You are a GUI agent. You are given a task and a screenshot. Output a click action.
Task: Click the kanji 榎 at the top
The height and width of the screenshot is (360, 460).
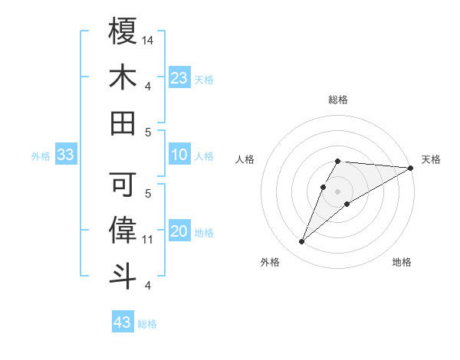click(123, 31)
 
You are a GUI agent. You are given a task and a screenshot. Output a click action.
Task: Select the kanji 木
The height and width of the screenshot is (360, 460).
click(123, 77)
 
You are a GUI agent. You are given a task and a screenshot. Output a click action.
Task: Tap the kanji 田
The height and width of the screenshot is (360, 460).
click(123, 123)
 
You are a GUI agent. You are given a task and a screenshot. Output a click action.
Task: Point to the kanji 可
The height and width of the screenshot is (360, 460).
click(123, 184)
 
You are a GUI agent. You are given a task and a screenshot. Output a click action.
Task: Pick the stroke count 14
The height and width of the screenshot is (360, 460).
click(148, 40)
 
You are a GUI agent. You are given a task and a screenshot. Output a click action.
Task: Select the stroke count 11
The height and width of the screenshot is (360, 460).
click(148, 240)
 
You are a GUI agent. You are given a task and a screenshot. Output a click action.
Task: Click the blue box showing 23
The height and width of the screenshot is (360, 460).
click(179, 78)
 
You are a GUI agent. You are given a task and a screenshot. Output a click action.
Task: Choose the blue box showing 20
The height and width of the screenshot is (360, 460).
click(179, 232)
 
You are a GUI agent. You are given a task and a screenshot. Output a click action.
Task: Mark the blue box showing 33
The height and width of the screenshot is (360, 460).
click(66, 155)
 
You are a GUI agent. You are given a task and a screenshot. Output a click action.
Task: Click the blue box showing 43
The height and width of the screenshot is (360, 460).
click(123, 322)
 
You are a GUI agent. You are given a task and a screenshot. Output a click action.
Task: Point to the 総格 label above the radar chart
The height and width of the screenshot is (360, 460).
click(337, 100)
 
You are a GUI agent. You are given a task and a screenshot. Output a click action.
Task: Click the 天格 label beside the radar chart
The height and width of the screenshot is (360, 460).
click(431, 159)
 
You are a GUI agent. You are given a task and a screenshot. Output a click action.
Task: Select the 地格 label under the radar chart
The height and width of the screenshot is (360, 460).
click(402, 262)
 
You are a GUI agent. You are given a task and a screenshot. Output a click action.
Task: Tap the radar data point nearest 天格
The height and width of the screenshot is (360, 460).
click(411, 168)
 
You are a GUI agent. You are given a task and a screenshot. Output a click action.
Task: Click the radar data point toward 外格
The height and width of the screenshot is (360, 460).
click(302, 242)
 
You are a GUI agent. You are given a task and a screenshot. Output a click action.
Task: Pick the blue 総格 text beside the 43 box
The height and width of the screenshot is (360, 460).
click(147, 324)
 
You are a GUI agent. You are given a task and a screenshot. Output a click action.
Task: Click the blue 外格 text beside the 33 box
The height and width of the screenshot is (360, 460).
click(41, 156)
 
